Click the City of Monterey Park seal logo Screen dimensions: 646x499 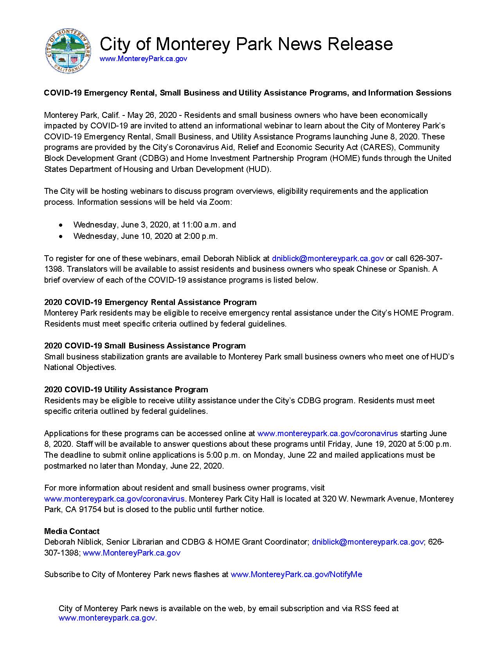point(68,51)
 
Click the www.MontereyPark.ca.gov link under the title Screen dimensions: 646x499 point(143,59)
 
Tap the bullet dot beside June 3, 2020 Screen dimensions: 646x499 point(60,225)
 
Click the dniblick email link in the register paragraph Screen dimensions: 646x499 point(328,258)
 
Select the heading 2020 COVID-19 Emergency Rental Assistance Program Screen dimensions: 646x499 point(150,302)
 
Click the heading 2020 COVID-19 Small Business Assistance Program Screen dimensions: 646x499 point(145,346)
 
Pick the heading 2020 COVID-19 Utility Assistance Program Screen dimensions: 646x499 point(126,390)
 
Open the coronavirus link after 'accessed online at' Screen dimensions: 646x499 point(327,433)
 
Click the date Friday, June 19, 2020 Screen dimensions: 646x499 point(384,444)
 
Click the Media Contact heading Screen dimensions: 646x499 point(72,531)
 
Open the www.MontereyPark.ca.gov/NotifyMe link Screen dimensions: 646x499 point(296,575)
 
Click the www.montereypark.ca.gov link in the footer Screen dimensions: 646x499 point(107,618)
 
